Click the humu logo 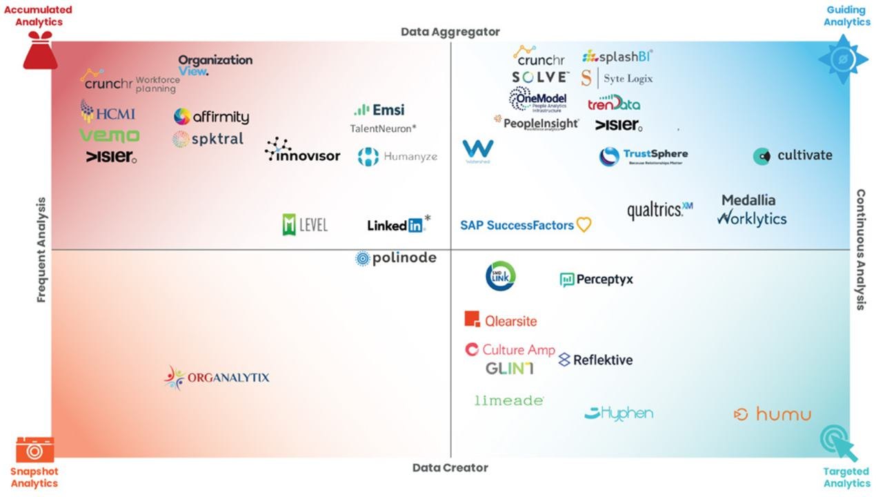click(x=772, y=414)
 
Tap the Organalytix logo click(x=217, y=378)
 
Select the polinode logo click(x=396, y=258)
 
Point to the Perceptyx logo click(x=596, y=280)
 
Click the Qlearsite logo click(x=501, y=320)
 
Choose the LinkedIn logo click(x=398, y=224)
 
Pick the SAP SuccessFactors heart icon click(x=584, y=225)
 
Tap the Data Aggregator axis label click(x=450, y=32)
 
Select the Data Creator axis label click(x=450, y=467)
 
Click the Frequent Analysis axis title click(x=41, y=250)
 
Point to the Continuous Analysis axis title click(x=861, y=250)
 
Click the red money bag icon click(x=40, y=54)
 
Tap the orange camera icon click(x=34, y=449)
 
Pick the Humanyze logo click(x=397, y=157)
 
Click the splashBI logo click(x=617, y=57)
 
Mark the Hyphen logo click(x=619, y=413)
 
